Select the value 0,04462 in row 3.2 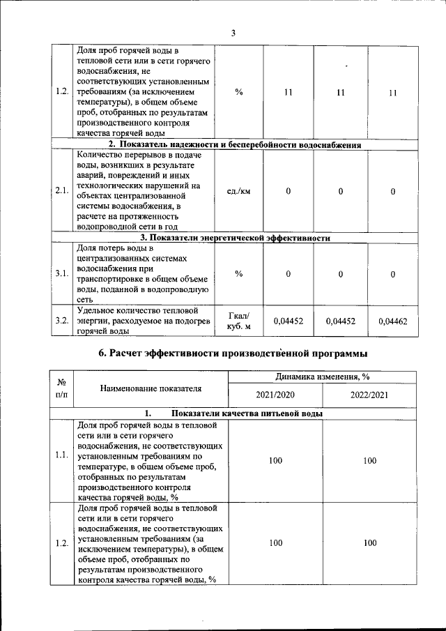(x=393, y=321)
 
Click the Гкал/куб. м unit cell (x=239, y=321)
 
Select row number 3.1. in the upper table (x=61, y=274)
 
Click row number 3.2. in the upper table (x=61, y=321)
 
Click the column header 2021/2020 (x=275, y=395)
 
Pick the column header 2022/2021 (x=369, y=395)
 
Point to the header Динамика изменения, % (x=322, y=377)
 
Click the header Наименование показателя (x=151, y=388)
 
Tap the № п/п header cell (x=61, y=388)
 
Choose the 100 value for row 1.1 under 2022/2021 (x=369, y=461)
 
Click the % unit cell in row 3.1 (x=239, y=274)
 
